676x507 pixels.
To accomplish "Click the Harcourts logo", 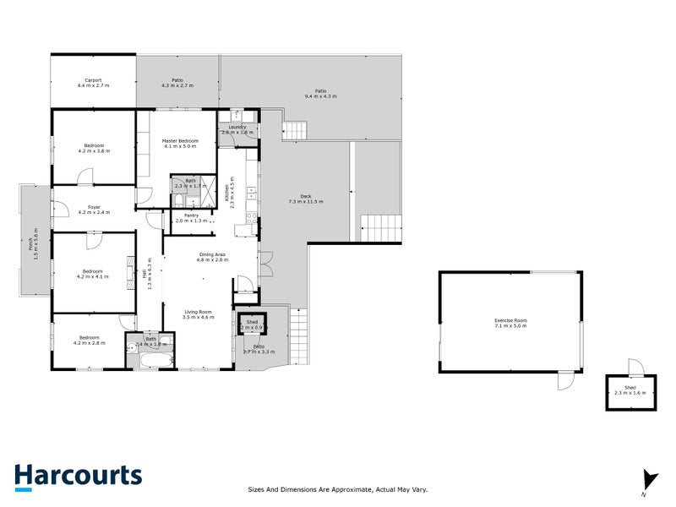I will tap(78, 476).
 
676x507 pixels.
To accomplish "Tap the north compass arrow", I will tap(648, 479).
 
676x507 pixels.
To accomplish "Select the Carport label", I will tap(93, 80).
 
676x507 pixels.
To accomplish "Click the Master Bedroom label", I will tap(180, 140).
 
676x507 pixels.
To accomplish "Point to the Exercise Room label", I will tap(510, 320).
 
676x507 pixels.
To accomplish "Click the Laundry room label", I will tap(237, 127).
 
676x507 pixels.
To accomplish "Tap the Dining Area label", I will tap(212, 254).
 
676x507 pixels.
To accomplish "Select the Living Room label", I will tap(199, 312).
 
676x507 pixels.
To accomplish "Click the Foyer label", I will tap(94, 207).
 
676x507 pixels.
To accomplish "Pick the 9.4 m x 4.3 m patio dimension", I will tap(320, 96).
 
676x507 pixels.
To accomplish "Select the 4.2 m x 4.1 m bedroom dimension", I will tap(92, 276).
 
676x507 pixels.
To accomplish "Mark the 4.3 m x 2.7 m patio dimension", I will tap(177, 86).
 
